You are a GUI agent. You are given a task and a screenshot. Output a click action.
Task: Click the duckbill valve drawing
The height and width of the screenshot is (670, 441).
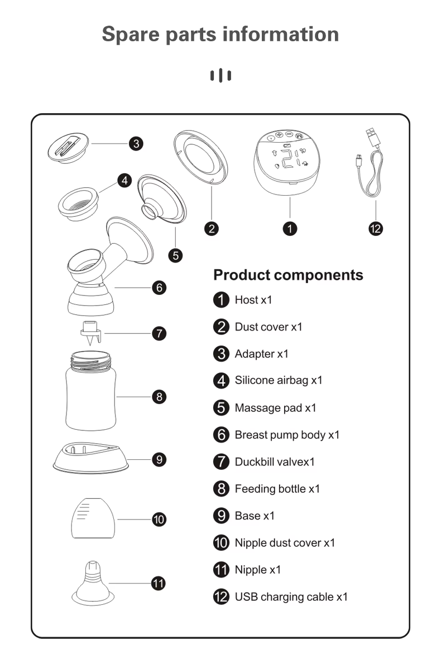(91, 333)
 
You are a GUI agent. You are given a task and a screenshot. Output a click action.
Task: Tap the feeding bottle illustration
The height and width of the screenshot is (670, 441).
(91, 391)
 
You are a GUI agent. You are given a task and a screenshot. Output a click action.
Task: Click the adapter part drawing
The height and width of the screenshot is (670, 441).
(68, 148)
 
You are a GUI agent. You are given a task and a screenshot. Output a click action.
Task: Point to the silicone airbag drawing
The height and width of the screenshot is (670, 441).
(78, 204)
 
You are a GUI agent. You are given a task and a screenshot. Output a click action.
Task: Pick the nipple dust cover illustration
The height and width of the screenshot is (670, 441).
(93, 518)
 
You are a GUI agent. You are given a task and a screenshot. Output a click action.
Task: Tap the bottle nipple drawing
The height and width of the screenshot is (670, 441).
(93, 583)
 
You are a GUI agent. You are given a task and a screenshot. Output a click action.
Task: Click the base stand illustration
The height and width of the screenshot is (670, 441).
(91, 458)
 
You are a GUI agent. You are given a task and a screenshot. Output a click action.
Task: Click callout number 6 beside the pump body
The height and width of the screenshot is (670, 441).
(159, 288)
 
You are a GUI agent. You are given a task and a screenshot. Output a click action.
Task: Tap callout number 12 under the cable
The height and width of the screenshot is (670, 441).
(375, 229)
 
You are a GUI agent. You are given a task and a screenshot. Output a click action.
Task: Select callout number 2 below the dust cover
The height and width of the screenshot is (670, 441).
(212, 229)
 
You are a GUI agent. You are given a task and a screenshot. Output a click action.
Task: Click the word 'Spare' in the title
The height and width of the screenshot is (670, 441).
(131, 35)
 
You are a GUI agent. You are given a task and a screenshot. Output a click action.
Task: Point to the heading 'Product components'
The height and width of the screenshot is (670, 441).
(288, 275)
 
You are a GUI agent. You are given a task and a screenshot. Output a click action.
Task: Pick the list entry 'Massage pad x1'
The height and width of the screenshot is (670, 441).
(275, 407)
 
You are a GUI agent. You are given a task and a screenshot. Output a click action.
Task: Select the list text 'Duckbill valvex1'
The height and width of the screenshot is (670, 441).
(275, 462)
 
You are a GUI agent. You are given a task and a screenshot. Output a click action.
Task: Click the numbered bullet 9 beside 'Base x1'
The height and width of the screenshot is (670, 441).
(221, 516)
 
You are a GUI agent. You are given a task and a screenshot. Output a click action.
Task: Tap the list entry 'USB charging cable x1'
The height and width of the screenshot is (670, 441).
(291, 597)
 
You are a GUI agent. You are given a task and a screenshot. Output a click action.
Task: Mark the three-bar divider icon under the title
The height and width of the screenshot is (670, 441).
(220, 75)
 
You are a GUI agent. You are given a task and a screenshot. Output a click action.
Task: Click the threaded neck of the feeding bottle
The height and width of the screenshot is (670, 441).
(91, 361)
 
